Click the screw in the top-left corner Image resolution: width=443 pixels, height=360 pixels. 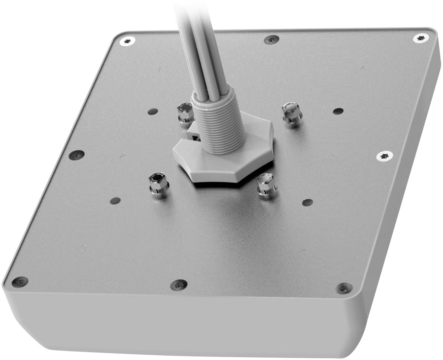(x=128, y=41)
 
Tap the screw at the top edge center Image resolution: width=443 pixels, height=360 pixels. (x=271, y=39)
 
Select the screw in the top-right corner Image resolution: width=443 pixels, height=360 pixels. (x=420, y=38)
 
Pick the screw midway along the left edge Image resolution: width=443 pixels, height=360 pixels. (x=76, y=154)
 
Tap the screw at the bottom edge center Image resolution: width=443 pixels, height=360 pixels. (x=179, y=285)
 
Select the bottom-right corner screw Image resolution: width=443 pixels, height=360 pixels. (x=344, y=287)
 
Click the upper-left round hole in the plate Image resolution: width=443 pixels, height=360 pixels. (x=153, y=112)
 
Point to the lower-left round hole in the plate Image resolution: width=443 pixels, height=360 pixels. (x=115, y=200)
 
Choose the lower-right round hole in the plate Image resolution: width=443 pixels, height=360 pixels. (x=307, y=202)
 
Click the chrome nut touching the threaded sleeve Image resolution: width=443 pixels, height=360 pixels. (x=185, y=113)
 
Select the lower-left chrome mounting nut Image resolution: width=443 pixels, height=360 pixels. (x=158, y=185)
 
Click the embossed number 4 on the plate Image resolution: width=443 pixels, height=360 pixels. (x=303, y=251)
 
